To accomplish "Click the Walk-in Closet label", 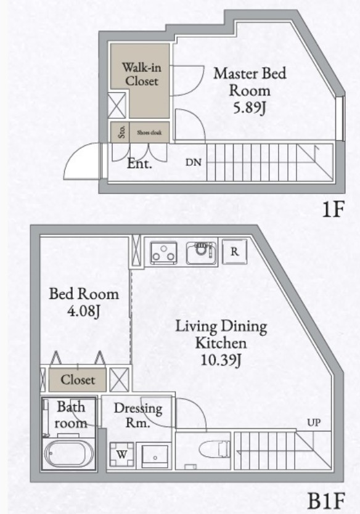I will [x=140, y=74].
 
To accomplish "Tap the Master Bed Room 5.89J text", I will [x=250, y=90].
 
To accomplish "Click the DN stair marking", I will [x=193, y=163].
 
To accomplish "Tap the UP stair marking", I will [x=314, y=423].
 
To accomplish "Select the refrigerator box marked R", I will [x=235, y=251].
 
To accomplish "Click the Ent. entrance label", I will [x=139, y=165].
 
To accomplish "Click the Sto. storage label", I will [x=121, y=132].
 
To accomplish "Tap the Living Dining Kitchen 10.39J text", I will [x=221, y=343].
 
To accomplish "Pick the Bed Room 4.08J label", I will [x=84, y=302].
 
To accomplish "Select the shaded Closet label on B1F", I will [x=78, y=380].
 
